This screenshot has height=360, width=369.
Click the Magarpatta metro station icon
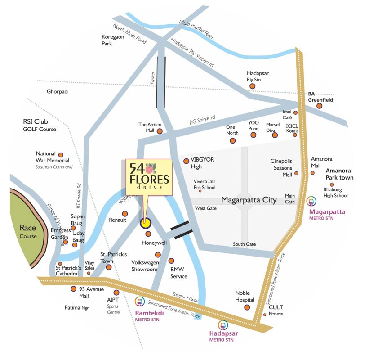pyautogui.click(x=311, y=201)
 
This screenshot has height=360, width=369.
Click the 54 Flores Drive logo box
pyautogui.click(x=149, y=177)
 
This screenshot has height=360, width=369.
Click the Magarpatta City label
pyautogui.click(x=249, y=200)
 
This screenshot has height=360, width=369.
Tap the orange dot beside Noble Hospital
pyautogui.click(x=247, y=308)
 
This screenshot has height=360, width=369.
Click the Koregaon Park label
pyautogui.click(x=112, y=40)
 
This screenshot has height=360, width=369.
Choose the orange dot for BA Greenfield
pyautogui.click(x=319, y=106)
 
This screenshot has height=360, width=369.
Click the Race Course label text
pyautogui.click(x=28, y=232)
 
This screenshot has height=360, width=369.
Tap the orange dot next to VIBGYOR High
pyautogui.click(x=186, y=161)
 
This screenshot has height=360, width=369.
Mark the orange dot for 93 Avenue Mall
pyautogui.click(x=74, y=289)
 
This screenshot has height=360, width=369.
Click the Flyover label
pyautogui.click(x=152, y=78)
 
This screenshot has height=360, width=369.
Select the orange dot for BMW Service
pyautogui.click(x=171, y=261)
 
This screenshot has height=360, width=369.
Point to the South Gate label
pyautogui.click(x=244, y=244)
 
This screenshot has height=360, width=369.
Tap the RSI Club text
pyautogui.click(x=36, y=121)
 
